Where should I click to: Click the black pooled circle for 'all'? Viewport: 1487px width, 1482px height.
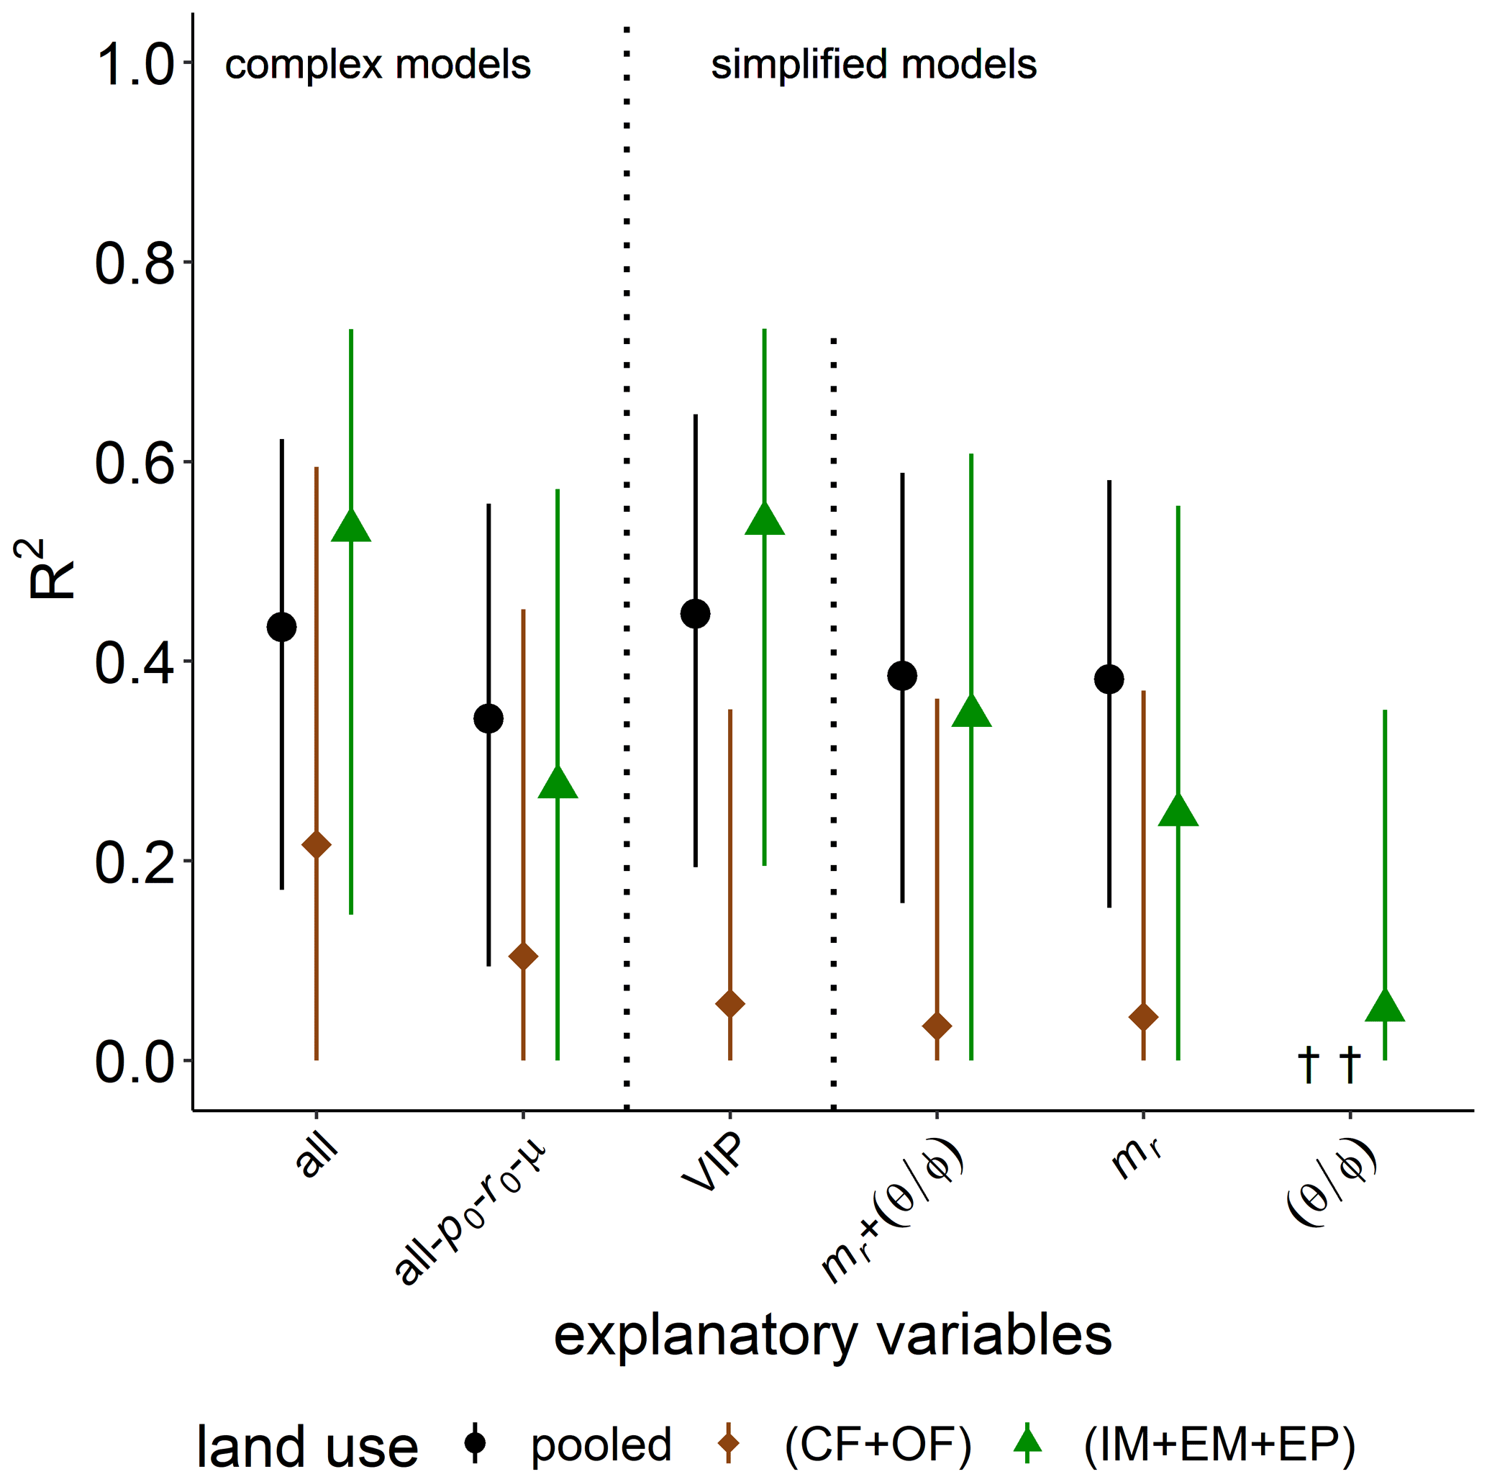282,628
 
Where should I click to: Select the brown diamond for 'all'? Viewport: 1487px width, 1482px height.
317,844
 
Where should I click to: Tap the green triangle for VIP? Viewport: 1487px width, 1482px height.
764,520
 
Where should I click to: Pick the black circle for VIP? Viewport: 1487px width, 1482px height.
696,613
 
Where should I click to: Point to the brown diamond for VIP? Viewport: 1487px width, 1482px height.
729,1004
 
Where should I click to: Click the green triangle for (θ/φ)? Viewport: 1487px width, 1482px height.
1385,1007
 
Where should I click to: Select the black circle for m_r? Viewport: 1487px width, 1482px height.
1109,679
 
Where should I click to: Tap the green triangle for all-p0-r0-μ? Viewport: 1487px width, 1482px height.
558,784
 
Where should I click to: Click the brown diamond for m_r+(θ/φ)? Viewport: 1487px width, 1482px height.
937,1026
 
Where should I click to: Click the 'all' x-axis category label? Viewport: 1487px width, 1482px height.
317,1154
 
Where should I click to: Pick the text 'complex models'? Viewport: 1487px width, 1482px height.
377,65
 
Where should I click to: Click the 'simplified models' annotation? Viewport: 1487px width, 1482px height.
873,65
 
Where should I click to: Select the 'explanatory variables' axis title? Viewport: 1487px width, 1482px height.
833,1336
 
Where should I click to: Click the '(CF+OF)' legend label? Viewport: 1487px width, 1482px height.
878,1445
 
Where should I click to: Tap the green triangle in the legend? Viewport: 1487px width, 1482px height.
1027,1442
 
